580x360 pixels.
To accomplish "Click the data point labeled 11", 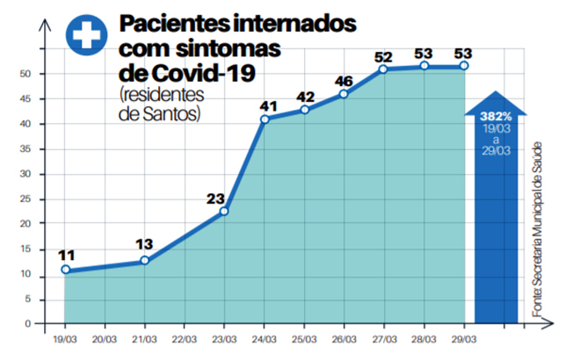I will (65, 270).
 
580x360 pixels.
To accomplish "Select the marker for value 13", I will (144, 260).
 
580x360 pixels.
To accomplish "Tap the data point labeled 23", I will (224, 211).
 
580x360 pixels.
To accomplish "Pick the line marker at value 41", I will (265, 119).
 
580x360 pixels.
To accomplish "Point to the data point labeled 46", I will (344, 94).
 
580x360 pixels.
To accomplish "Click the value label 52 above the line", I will (383, 57).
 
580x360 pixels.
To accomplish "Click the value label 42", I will (305, 97).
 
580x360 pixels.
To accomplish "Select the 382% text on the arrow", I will (493, 115).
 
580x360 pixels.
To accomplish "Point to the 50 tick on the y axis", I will (26, 74).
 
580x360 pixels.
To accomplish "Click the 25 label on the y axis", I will (26, 198).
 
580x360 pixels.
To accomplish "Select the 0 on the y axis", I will (29, 323).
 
